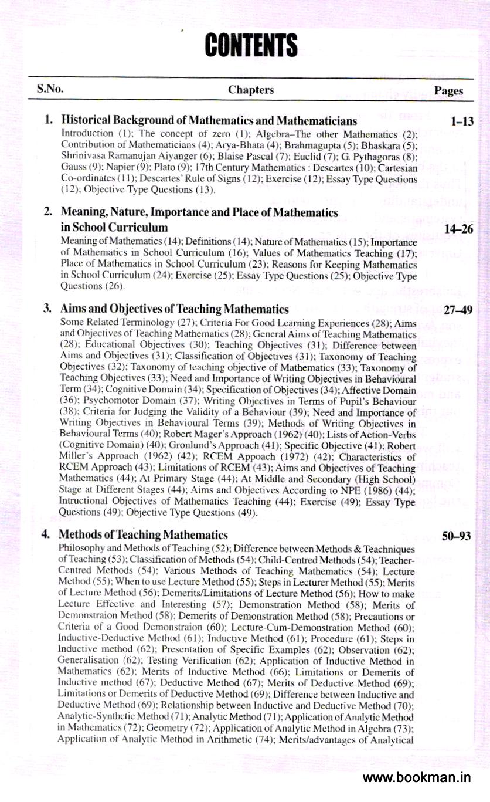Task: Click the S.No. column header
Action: (50, 90)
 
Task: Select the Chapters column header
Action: (251, 90)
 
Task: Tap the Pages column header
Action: (449, 91)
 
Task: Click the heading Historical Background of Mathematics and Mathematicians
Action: (209, 121)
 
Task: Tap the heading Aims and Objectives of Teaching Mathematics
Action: (175, 309)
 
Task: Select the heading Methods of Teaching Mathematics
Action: (144, 534)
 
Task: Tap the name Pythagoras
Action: (388, 155)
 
